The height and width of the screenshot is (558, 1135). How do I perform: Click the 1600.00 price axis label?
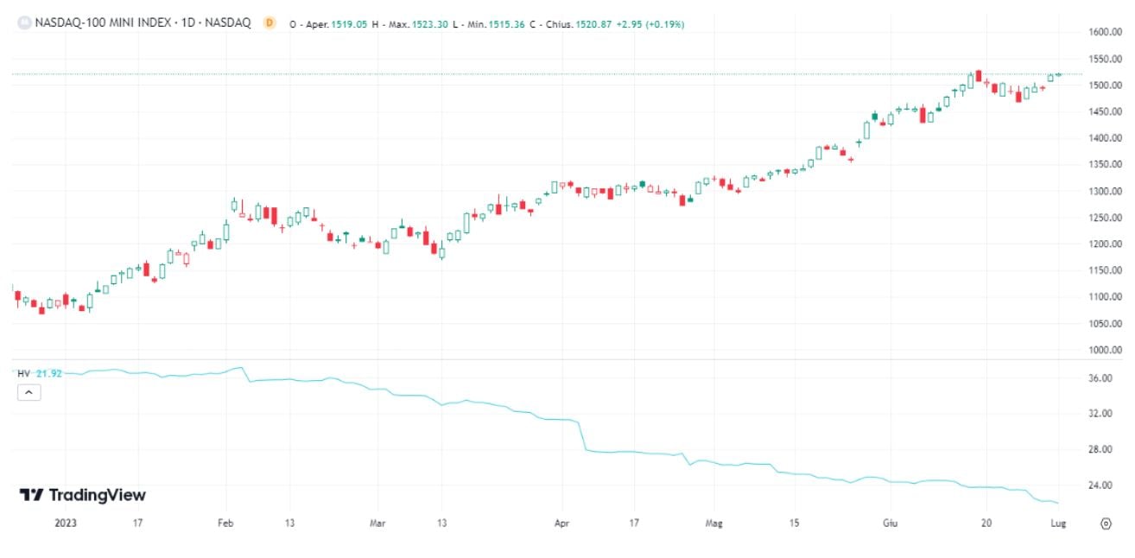[1106, 32]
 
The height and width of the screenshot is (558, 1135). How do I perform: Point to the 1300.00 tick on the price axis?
[1106, 191]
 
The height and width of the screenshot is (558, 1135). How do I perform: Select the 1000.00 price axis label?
[1106, 350]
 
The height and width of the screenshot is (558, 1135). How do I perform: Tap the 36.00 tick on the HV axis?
[1100, 378]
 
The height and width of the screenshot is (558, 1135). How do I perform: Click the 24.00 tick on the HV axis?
[1100, 485]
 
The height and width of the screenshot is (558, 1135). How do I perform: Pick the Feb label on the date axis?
[225, 523]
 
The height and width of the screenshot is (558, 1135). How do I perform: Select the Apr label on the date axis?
[561, 523]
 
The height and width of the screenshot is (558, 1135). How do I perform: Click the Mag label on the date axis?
[713, 523]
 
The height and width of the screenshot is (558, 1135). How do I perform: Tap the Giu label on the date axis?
[890, 523]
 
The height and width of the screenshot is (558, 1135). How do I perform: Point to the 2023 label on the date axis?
[66, 523]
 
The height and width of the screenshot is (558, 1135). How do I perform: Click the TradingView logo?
[83, 495]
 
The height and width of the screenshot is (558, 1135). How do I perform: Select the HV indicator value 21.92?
[49, 373]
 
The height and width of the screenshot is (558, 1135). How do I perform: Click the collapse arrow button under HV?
[28, 392]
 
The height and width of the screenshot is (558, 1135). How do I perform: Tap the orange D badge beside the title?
[269, 23]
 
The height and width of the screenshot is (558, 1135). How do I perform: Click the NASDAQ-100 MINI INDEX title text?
[143, 23]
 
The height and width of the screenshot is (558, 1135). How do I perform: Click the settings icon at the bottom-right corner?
[1105, 523]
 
